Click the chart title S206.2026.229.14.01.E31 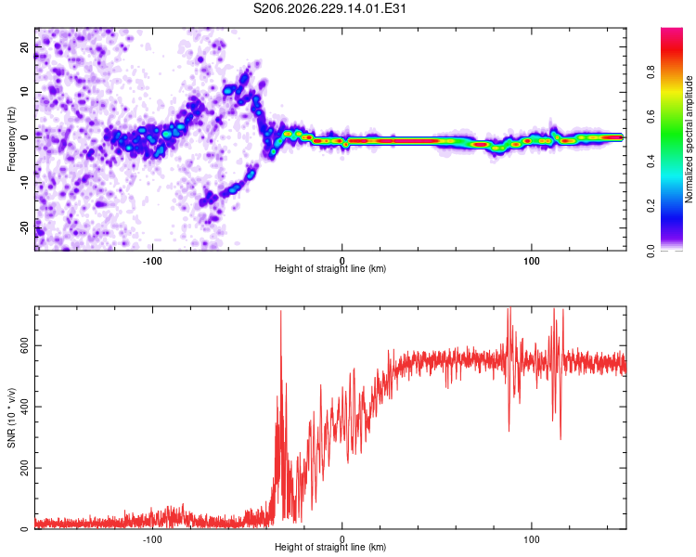(x=329, y=8)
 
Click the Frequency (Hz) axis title (x=11, y=139)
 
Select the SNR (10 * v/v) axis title (x=11, y=418)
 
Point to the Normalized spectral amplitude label (x=689, y=139)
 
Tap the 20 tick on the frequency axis (x=24, y=46)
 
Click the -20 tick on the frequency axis (x=24, y=227)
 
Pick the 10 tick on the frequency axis (x=24, y=92)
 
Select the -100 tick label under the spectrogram (x=152, y=261)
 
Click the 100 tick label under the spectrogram (x=532, y=261)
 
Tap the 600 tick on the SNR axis (x=24, y=345)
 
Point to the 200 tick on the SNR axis (x=24, y=468)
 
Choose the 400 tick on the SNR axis (x=24, y=407)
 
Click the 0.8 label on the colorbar (x=651, y=71)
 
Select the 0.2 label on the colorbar (x=651, y=206)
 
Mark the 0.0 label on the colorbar (x=651, y=251)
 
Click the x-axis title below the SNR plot (x=330, y=547)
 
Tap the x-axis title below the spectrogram (x=330, y=268)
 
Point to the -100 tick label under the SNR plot (x=152, y=539)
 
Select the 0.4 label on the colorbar (x=651, y=161)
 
